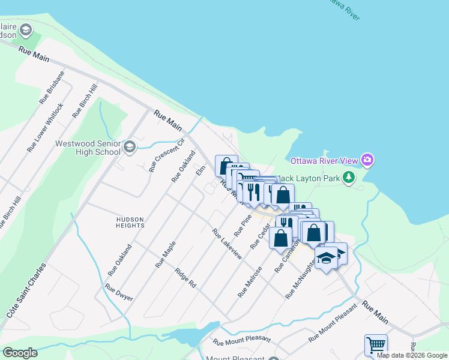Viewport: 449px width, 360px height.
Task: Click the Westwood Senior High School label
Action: [x=88, y=148]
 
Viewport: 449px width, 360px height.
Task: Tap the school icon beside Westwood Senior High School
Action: [x=129, y=148]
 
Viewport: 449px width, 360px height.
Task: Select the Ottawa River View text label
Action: [x=324, y=161]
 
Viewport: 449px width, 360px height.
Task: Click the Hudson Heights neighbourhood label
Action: [x=130, y=223]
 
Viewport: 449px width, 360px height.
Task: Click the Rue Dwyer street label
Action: [x=119, y=292]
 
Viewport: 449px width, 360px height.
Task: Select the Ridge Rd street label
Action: [x=185, y=279]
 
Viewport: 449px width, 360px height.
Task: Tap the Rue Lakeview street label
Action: [x=227, y=244]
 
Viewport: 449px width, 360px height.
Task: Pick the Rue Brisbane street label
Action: [x=52, y=88]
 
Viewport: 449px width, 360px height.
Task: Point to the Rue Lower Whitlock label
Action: [x=45, y=127]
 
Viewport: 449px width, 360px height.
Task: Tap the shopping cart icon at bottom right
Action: [x=376, y=344]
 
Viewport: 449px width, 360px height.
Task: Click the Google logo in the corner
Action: [x=20, y=353]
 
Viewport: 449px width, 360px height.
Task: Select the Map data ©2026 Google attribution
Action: [x=412, y=356]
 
